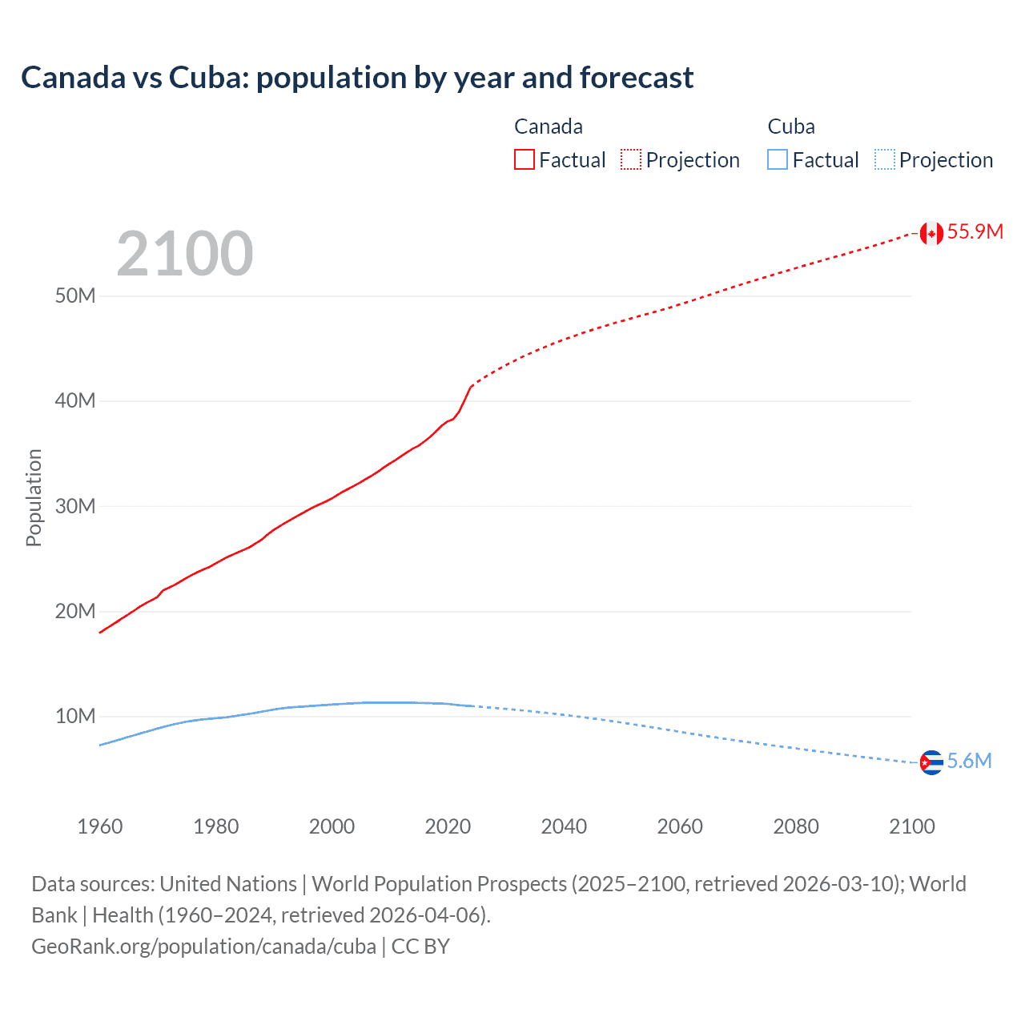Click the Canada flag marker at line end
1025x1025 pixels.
pos(931,233)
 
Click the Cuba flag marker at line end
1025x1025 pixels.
pos(931,762)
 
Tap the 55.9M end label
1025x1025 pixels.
pos(975,232)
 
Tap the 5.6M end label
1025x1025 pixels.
pos(969,761)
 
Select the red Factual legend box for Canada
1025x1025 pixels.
pos(524,159)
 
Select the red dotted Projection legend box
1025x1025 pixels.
pos(631,159)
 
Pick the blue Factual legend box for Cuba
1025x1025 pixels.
pos(777,159)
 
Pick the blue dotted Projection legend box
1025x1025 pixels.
pos(884,159)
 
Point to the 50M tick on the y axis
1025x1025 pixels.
pos(75,296)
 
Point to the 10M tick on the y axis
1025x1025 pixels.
pos(75,717)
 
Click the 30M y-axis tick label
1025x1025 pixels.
pos(75,507)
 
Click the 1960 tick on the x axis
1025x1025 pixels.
pos(100,826)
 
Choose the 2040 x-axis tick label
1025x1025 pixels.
pos(564,826)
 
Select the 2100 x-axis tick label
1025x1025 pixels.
pos(911,826)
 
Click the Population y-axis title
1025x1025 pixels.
pos(34,497)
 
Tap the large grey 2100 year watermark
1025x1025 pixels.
pos(185,255)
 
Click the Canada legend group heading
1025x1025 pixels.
pos(549,127)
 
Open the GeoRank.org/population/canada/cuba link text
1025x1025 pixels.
pos(203,947)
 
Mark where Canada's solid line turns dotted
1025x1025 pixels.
pos(472,386)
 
